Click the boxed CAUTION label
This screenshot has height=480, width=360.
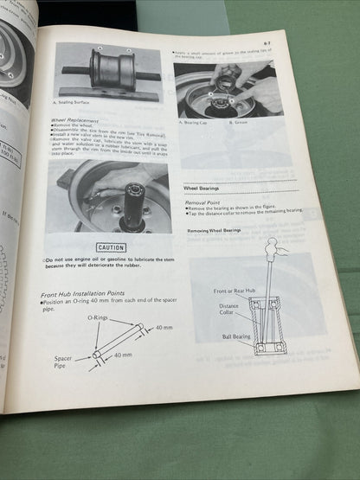tap(111, 247)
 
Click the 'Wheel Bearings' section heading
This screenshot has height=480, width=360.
tap(204, 188)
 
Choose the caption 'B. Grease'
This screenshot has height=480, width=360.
tap(244, 123)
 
